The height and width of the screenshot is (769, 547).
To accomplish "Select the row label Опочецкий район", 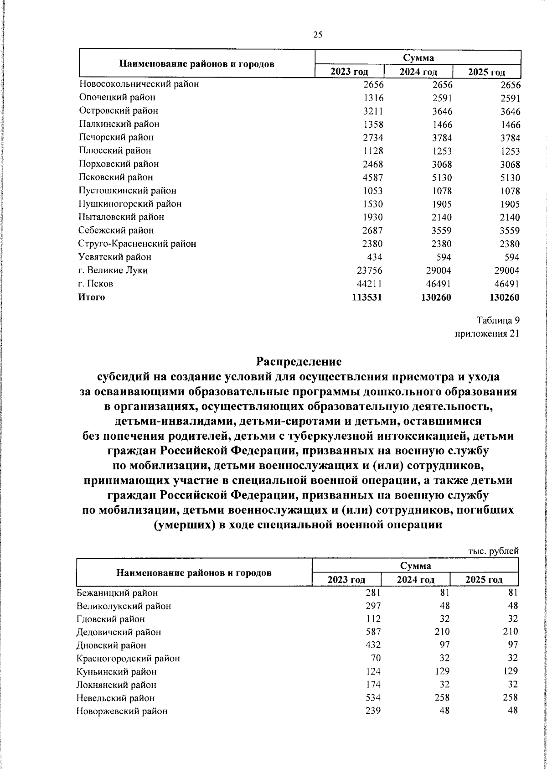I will pyautogui.click(x=117, y=97).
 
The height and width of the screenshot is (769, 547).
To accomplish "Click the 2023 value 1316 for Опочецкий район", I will pyautogui.click(x=373, y=98).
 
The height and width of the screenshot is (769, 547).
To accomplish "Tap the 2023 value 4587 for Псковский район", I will pyautogui.click(x=373, y=177).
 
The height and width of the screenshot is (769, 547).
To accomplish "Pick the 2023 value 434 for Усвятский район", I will pyautogui.click(x=375, y=257).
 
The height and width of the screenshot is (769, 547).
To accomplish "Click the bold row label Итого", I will pyautogui.click(x=91, y=297).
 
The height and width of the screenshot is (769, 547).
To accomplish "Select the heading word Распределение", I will pyautogui.click(x=299, y=362).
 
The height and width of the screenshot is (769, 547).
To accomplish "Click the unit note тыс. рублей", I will pyautogui.click(x=494, y=551).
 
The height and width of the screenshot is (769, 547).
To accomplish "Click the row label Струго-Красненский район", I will pyautogui.click(x=137, y=244).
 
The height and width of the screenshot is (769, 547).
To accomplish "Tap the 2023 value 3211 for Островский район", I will pyautogui.click(x=373, y=111).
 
